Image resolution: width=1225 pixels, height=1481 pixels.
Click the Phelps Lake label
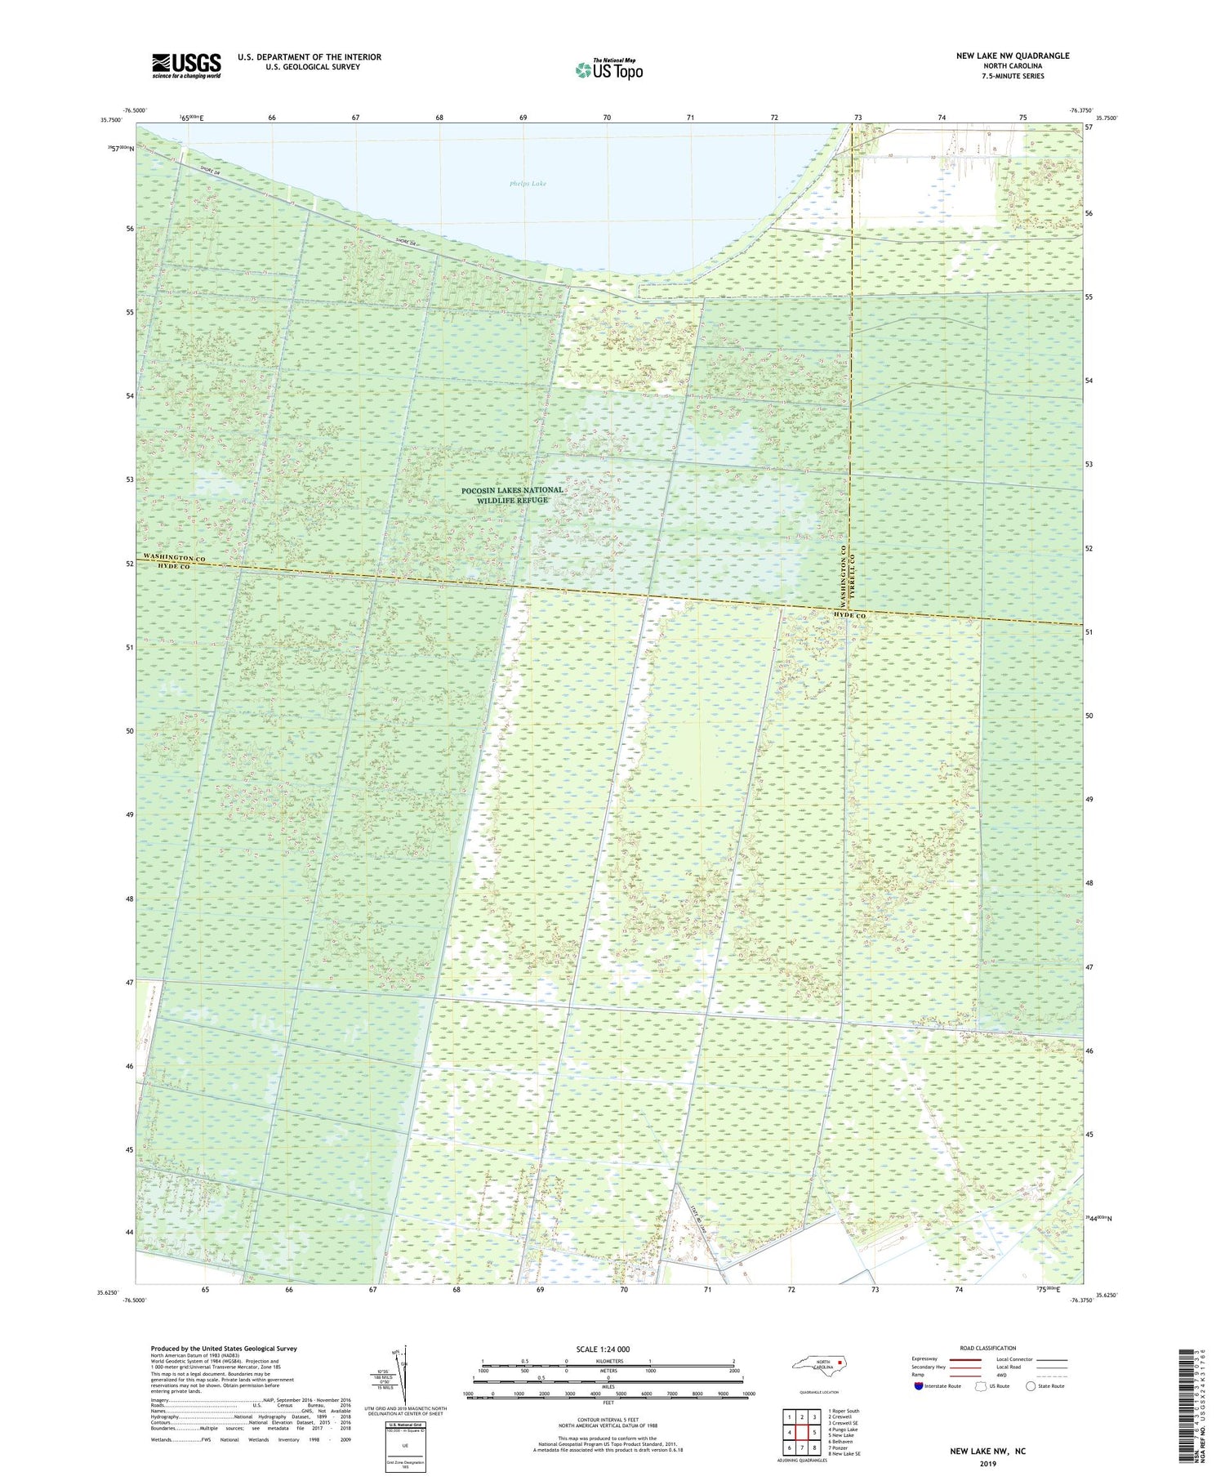pos(528,184)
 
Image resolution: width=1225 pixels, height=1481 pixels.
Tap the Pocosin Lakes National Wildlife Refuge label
pos(512,495)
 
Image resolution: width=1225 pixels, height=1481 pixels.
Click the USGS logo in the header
pos(186,65)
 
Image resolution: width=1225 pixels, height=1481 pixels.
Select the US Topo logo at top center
pos(608,70)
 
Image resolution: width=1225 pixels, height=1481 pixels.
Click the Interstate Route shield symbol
pos(918,1386)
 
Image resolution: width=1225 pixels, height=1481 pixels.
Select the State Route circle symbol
pos(1031,1386)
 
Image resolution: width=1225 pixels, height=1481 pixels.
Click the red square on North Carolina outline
pos(839,1362)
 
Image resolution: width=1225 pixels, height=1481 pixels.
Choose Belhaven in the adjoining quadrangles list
pos(842,1442)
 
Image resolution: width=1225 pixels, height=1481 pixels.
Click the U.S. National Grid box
pos(405,1447)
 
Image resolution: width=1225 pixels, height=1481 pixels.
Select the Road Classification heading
pos(988,1348)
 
